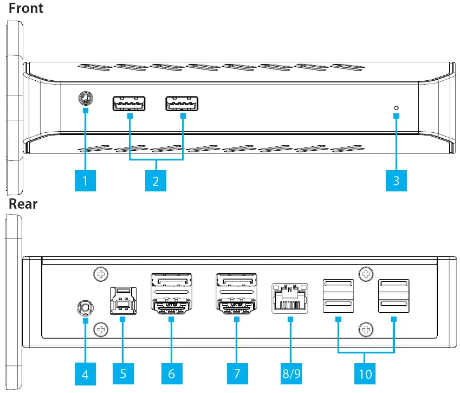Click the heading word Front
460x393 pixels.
[26, 9]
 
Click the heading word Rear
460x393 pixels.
[23, 204]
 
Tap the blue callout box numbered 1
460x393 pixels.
[85, 180]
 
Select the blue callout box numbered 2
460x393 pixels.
[156, 180]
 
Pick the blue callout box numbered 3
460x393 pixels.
[396, 180]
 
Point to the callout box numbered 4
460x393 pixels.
[85, 373]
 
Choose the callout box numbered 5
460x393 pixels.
[123, 373]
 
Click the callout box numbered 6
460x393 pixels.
[172, 373]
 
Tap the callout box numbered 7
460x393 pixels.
[237, 373]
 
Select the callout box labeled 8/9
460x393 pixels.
[290, 373]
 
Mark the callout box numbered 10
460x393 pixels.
[365, 373]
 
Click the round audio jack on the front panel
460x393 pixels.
[85, 99]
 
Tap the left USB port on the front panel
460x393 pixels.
[129, 103]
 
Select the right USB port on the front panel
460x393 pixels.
[182, 103]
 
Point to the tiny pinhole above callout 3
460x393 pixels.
[396, 107]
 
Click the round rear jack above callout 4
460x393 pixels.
[85, 308]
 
